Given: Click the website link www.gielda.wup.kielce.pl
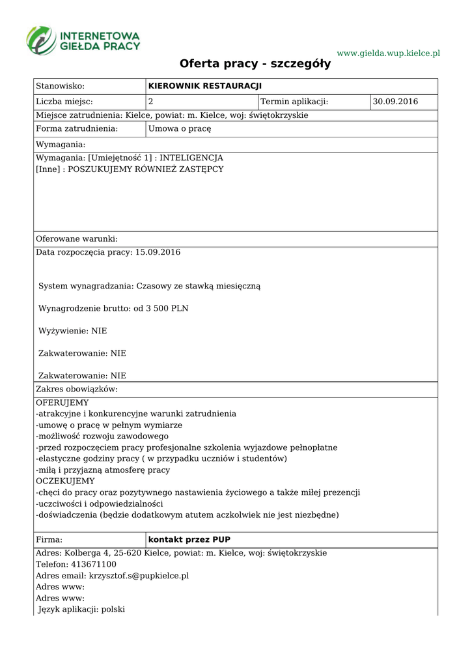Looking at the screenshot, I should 388,53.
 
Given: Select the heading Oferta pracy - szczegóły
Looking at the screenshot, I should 255,64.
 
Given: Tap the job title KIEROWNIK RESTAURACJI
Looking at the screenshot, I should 204,86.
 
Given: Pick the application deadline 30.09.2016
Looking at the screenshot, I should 395,102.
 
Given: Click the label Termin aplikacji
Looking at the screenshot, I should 294,102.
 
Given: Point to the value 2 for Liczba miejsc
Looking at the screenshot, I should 151,102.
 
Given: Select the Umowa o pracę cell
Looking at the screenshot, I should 180,129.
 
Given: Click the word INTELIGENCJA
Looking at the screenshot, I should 191,158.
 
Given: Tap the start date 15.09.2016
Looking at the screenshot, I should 158,252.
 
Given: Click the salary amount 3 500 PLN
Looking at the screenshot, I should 167,308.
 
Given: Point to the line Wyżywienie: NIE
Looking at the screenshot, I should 73,331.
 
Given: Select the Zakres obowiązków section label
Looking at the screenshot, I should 77,390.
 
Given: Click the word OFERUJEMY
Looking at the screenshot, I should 62,403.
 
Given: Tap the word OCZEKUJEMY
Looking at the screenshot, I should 65,481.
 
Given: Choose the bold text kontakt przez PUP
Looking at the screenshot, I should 189,540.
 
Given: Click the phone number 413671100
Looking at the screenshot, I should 90,564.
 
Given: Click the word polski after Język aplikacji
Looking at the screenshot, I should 113,610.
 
